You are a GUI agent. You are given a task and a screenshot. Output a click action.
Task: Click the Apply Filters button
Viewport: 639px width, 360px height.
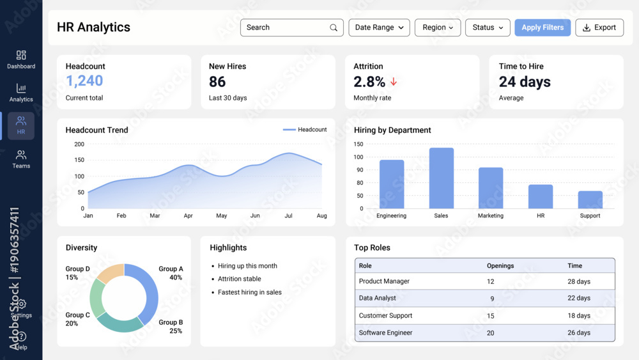(543, 27)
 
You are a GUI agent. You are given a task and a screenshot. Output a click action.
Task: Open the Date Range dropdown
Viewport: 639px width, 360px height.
(379, 27)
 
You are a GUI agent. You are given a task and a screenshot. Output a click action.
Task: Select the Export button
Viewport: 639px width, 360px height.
(599, 27)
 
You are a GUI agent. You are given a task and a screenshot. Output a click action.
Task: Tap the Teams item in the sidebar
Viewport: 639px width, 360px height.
(21, 159)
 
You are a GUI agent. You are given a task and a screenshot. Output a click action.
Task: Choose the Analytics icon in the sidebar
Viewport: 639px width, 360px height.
(21, 89)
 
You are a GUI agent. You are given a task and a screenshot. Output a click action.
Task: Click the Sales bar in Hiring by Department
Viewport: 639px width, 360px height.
(441, 178)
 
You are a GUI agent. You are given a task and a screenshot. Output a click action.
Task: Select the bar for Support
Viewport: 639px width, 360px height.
(590, 200)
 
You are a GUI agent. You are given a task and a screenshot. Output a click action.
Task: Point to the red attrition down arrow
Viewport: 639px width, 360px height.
(394, 82)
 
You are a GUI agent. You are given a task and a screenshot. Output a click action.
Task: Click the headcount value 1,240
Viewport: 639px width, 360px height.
(84, 81)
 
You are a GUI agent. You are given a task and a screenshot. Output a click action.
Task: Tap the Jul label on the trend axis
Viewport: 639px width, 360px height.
(288, 216)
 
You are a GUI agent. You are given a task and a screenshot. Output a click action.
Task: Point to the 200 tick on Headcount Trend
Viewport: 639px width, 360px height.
(79, 144)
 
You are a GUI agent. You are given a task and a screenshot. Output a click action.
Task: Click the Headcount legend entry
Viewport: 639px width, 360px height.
(305, 130)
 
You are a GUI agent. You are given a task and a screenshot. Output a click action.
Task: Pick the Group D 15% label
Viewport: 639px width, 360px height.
(77, 273)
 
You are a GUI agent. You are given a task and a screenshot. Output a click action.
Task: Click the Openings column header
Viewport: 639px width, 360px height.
(500, 265)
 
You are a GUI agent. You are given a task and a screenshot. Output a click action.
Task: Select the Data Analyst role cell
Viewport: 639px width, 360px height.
(378, 298)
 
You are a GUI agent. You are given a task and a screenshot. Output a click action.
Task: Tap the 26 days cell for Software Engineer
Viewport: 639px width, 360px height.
(579, 333)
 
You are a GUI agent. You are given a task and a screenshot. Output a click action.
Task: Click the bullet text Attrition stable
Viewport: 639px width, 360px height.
(239, 279)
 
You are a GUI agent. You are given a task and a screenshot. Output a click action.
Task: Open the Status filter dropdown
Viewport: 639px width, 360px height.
(488, 27)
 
